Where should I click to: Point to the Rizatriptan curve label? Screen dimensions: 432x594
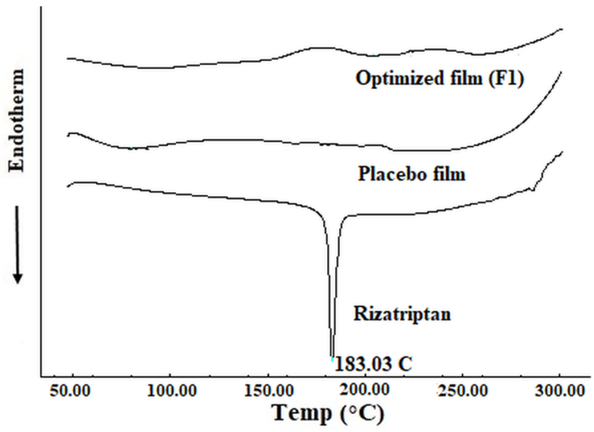(x=402, y=314)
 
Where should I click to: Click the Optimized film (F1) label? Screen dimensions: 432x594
(x=440, y=78)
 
